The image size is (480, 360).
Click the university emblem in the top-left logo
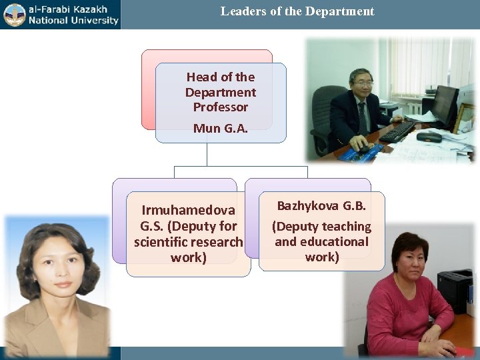(x=14, y=14)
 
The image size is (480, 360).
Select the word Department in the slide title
(x=341, y=11)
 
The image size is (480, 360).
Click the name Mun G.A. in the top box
(x=220, y=128)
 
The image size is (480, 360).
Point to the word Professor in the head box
(x=220, y=107)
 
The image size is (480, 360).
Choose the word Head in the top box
(x=199, y=77)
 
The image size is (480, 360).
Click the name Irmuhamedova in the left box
(x=188, y=211)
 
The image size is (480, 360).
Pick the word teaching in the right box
(x=343, y=227)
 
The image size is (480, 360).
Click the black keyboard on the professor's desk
(x=397, y=131)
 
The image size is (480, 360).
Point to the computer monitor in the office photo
(x=444, y=106)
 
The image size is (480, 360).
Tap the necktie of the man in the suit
(x=362, y=117)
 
